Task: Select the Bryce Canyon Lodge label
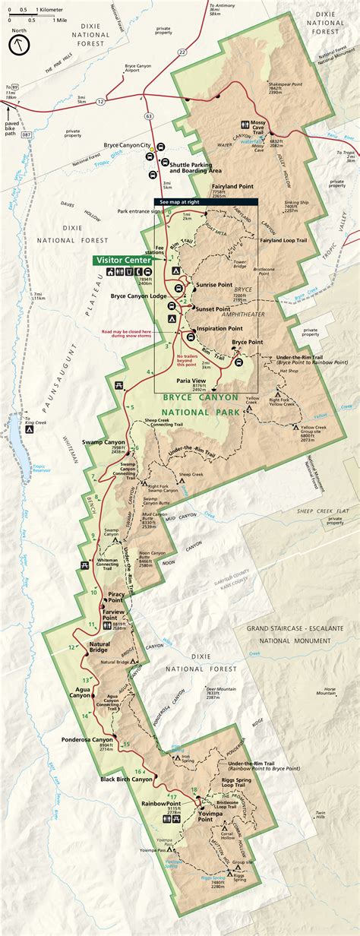[139, 296]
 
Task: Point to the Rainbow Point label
[160, 803]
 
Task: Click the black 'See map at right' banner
[206, 202]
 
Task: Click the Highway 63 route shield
[149, 116]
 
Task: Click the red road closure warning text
[131, 334]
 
